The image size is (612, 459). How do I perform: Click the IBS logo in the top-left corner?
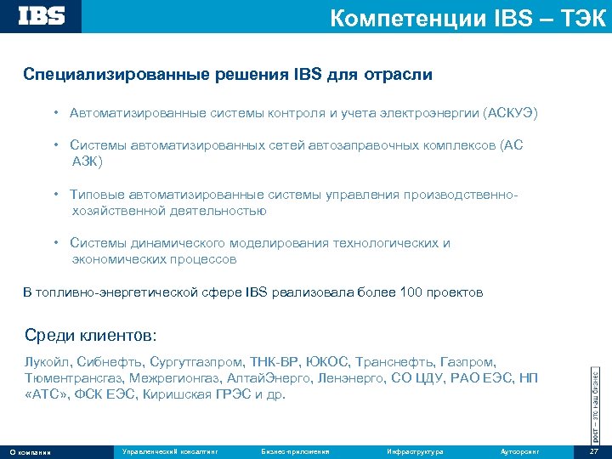(42, 16)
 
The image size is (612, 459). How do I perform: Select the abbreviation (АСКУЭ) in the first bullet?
(510, 113)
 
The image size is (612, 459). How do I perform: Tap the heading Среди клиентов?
(91, 335)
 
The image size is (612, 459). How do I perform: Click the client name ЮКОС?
(326, 361)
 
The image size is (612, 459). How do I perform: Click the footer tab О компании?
(30, 451)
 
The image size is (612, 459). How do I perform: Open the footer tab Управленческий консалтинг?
(170, 450)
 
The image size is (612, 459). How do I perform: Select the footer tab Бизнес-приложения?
(295, 450)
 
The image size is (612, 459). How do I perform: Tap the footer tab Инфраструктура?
(414, 450)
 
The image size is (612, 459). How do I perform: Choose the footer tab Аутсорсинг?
(520, 450)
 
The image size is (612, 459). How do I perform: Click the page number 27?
(593, 450)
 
